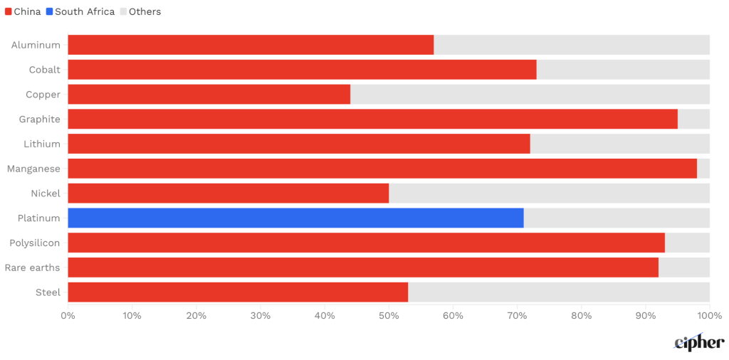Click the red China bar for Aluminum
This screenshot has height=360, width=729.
[251, 45]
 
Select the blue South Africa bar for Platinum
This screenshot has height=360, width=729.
[295, 218]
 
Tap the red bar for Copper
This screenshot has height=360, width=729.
[209, 95]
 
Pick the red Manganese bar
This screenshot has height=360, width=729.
[382, 169]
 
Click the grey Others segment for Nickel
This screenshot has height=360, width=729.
[549, 194]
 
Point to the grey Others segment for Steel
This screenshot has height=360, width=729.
[559, 292]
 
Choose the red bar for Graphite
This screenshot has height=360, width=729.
[372, 119]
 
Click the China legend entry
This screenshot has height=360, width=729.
[23, 11]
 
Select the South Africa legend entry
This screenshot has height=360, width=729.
[80, 11]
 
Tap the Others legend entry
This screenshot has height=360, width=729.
[140, 11]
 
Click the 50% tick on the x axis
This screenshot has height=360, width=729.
[389, 315]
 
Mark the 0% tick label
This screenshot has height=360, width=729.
[68, 315]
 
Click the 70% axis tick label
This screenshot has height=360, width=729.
[517, 315]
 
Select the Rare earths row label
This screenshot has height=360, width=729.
[32, 268]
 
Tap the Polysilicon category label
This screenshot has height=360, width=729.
[35, 243]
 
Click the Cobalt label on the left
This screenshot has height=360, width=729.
[44, 70]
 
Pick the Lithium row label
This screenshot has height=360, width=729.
[42, 144]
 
